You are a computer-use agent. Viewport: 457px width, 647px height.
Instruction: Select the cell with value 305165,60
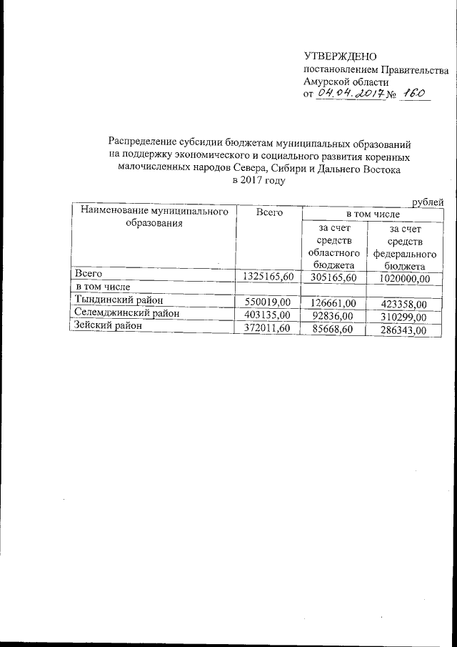pyautogui.click(x=333, y=277)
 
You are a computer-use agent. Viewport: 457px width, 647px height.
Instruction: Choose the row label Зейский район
pyautogui.click(x=104, y=325)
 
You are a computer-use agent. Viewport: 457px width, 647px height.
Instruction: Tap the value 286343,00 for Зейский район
pyautogui.click(x=403, y=330)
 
